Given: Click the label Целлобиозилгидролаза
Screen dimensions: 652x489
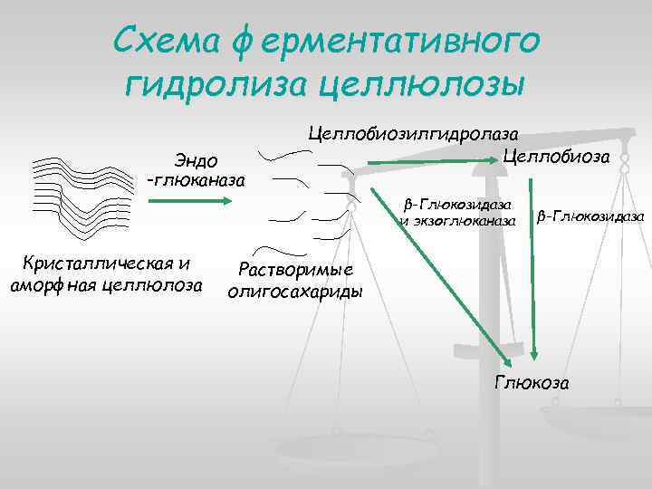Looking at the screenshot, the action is (418, 133).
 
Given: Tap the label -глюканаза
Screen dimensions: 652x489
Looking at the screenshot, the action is (194, 179).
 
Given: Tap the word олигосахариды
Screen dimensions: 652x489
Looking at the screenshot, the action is (295, 291).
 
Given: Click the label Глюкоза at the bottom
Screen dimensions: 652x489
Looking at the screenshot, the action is (532, 382).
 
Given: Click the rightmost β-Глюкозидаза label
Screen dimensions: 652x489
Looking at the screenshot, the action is (590, 216).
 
